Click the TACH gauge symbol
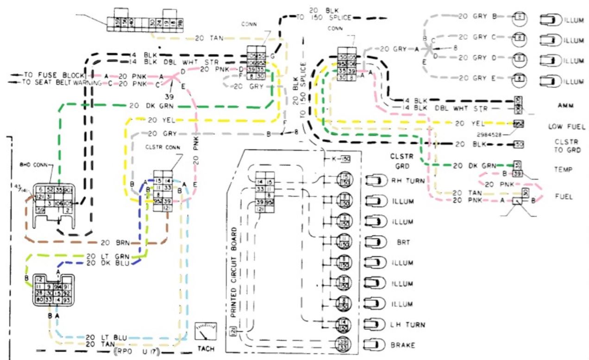coord(206,332)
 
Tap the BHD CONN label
coord(31,164)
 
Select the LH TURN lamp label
coord(407,324)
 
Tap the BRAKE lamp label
coord(402,345)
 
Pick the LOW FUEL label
coord(564,126)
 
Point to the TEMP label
coord(564,170)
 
